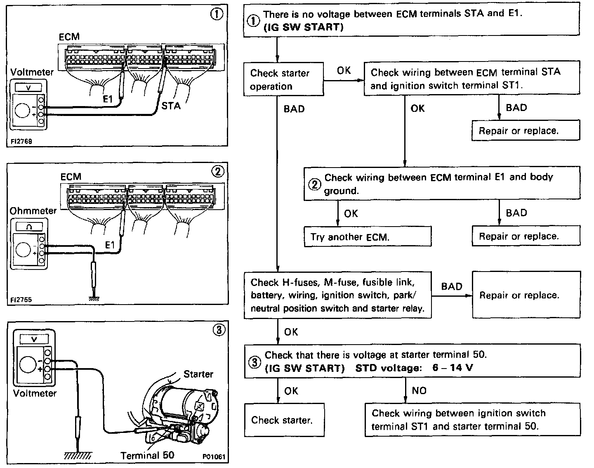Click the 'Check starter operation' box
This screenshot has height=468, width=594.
283,80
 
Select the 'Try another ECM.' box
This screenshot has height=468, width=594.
368,236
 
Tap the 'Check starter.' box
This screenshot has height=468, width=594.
283,420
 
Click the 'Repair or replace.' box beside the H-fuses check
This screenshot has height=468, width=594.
526,295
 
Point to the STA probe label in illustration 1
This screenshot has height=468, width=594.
171,106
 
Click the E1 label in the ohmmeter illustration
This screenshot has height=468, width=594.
110,245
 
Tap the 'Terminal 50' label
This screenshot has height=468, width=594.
147,455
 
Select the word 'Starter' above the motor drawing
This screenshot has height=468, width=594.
198,374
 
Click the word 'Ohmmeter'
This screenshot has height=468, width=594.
33,210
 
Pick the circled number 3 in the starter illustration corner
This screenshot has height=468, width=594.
219,330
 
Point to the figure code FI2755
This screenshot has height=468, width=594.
21,300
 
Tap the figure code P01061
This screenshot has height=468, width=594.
213,457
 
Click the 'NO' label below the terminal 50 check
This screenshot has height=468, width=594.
419,390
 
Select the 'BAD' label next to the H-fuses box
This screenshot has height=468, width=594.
451,286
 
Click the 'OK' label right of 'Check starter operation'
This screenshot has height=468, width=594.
344,71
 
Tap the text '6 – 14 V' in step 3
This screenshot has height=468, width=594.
453,368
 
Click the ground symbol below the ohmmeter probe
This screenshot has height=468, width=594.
94,298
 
